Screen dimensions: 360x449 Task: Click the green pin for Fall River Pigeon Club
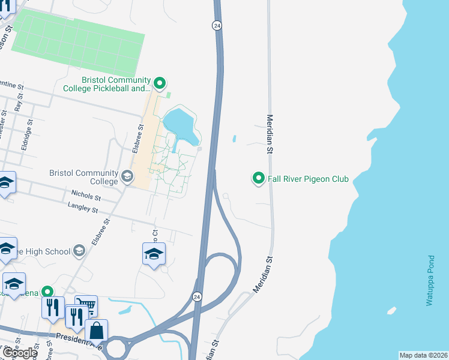tap(259, 178)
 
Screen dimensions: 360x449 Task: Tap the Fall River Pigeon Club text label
tap(309, 179)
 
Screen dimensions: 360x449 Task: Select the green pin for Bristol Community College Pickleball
tap(159, 83)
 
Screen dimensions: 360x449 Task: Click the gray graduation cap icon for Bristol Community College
tap(127, 176)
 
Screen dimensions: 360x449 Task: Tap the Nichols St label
tap(85, 195)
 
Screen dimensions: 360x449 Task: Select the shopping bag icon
tap(96, 330)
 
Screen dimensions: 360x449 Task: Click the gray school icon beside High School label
tap(79, 251)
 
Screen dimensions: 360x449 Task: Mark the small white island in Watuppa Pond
tap(391, 310)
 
